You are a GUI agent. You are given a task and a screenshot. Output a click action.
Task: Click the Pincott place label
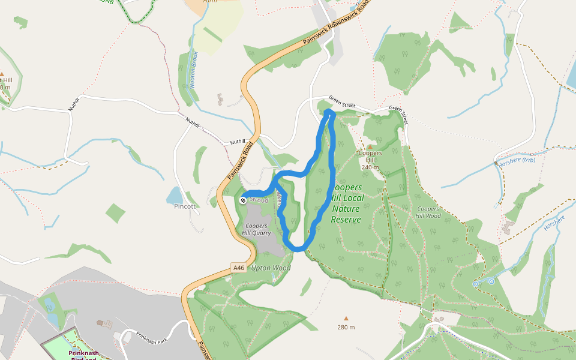185,206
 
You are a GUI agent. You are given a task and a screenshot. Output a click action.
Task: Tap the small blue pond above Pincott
175,195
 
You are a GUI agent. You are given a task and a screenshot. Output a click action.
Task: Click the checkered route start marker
242,200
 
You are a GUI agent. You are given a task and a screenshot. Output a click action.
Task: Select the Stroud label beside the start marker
259,200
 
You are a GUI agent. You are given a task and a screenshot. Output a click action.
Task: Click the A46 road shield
239,268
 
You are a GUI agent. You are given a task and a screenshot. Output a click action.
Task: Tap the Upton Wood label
271,268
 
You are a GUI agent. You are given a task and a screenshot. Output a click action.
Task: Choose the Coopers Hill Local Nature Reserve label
346,203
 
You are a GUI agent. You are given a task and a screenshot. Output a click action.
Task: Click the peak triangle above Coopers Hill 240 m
370,146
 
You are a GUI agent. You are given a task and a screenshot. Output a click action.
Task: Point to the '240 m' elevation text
370,167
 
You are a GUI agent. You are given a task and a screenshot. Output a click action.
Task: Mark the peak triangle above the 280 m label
346,319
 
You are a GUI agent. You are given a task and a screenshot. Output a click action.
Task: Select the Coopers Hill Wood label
428,212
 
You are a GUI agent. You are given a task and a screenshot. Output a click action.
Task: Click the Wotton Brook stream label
193,70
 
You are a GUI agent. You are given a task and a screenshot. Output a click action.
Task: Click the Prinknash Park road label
154,337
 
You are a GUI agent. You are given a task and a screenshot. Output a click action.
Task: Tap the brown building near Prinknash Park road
107,324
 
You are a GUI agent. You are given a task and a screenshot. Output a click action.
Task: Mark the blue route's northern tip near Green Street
328,112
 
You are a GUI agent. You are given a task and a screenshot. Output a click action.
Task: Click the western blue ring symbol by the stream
475,283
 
